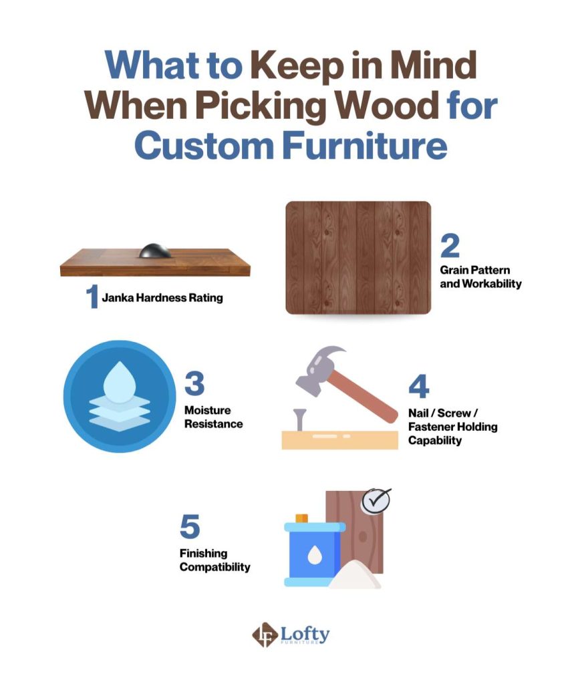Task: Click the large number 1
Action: click(92, 297)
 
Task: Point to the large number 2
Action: click(450, 246)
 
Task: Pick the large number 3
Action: click(194, 383)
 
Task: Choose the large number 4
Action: click(419, 386)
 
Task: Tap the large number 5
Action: click(190, 526)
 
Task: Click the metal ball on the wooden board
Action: click(155, 251)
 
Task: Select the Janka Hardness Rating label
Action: click(162, 298)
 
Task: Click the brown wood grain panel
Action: click(358, 257)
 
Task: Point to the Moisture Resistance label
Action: click(213, 417)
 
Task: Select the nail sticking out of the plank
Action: click(300, 419)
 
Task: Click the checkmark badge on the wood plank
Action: click(376, 502)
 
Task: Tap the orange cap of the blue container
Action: click(302, 518)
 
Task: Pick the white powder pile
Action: click(355, 575)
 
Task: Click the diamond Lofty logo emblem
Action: click(265, 635)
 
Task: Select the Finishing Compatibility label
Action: click(214, 560)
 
